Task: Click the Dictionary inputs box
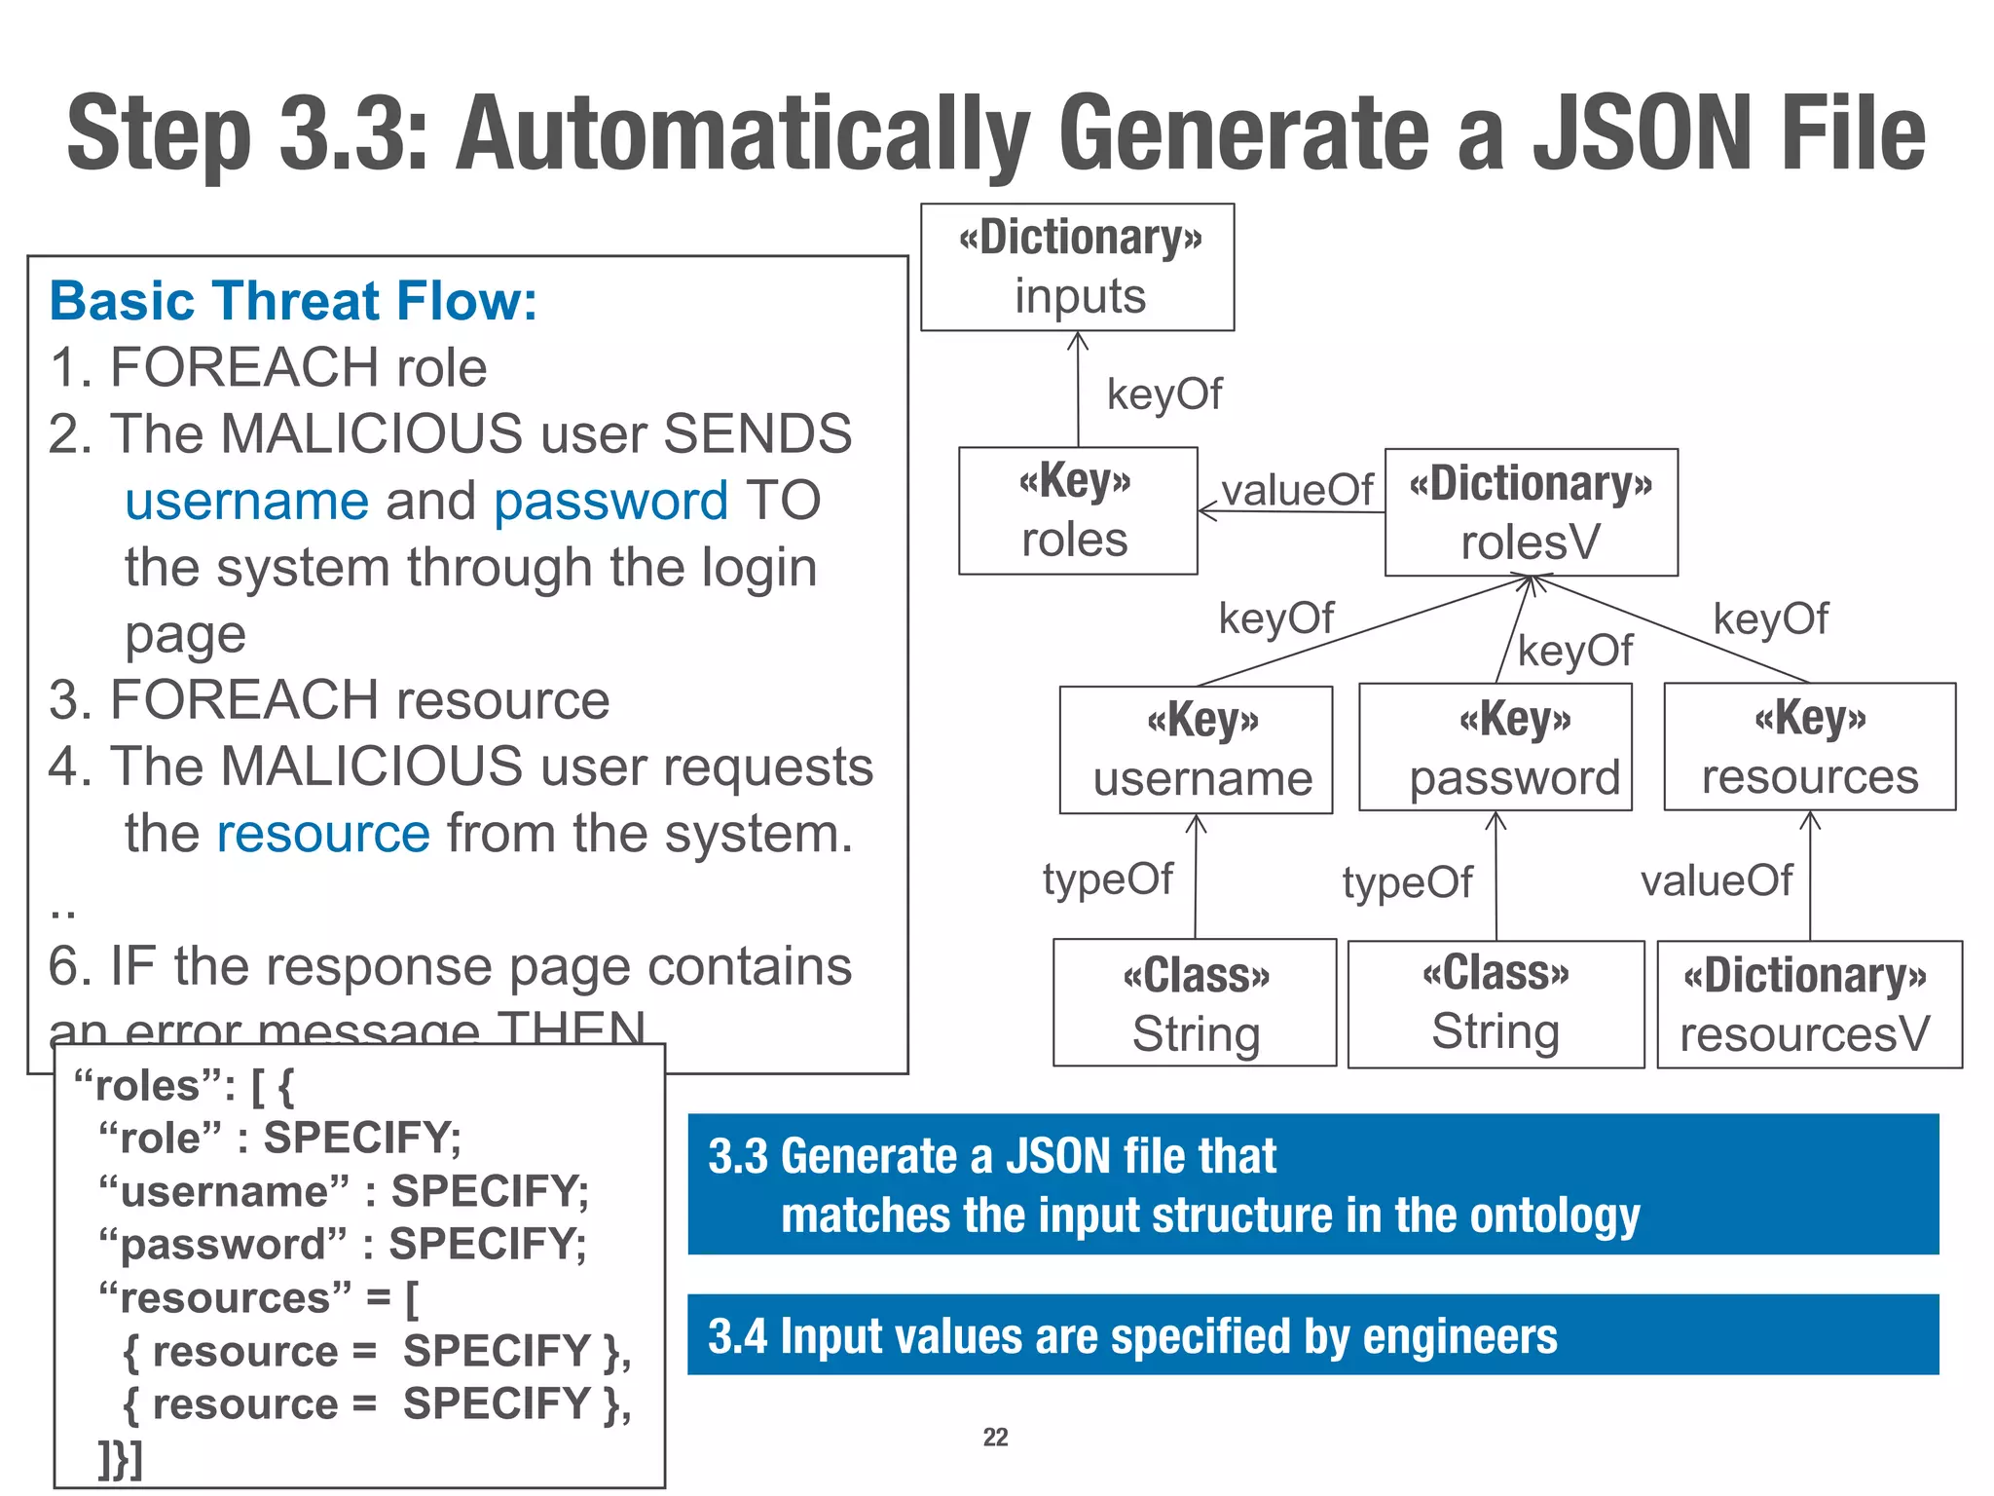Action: pos(1077,267)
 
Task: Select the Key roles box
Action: pos(1077,510)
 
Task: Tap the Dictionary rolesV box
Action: pos(1531,512)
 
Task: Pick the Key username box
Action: pos(1196,749)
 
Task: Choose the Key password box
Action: pos(1495,747)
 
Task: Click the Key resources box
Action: pos(1809,746)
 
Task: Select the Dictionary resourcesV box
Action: pos(1808,1004)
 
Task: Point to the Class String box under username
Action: pos(1195,1002)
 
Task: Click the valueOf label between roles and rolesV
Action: pos(1297,490)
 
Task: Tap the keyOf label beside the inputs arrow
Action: pos(1164,394)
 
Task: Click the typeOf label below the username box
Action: pos(1108,879)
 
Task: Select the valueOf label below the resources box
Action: pos(1716,881)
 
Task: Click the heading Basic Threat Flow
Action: pos(293,300)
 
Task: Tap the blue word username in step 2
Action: pos(247,502)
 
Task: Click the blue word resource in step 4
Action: pos(323,835)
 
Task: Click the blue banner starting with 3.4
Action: pos(1312,1334)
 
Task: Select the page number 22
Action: pos(995,1437)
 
